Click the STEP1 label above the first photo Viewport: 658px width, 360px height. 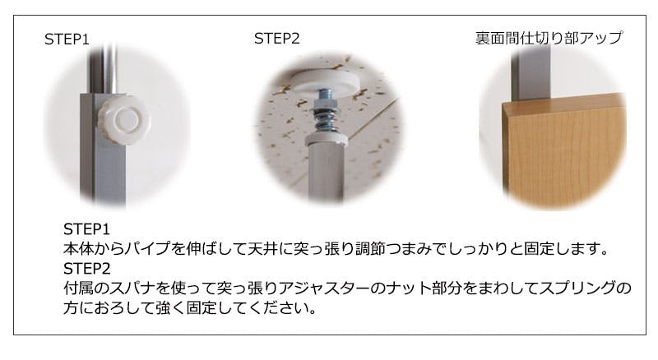coord(67,39)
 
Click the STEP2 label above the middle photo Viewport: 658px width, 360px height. coord(276,39)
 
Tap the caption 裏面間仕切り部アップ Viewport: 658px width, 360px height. coord(549,38)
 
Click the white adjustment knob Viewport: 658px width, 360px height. coord(124,120)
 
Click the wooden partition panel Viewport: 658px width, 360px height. coord(565,152)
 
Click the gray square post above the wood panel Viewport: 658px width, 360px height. coord(531,72)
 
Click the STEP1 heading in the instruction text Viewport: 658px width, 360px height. coord(86,229)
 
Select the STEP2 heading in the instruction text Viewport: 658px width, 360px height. coord(87,269)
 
